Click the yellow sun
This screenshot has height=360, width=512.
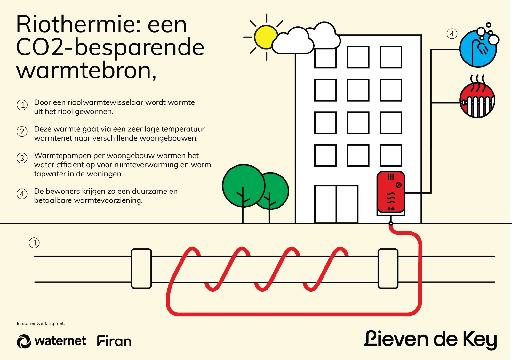(265, 37)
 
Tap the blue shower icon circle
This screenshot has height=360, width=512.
(478, 49)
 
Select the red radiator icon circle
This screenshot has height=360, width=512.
(477, 100)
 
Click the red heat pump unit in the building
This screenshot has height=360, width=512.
(391, 192)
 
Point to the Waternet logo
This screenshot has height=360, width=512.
(52, 341)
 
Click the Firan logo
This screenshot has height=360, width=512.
(114, 341)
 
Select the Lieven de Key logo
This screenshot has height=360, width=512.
(430, 340)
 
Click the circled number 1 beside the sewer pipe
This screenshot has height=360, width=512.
(34, 243)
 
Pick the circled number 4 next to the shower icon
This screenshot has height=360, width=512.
(452, 34)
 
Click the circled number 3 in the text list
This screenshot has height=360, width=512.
(22, 158)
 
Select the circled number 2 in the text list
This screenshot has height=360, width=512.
(22, 132)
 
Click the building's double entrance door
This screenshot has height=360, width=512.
(336, 204)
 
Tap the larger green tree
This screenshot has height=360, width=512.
(244, 186)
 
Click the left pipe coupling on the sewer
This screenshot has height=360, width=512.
(141, 268)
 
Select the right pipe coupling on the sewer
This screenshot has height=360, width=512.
(388, 268)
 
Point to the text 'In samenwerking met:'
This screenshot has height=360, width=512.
(41, 323)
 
